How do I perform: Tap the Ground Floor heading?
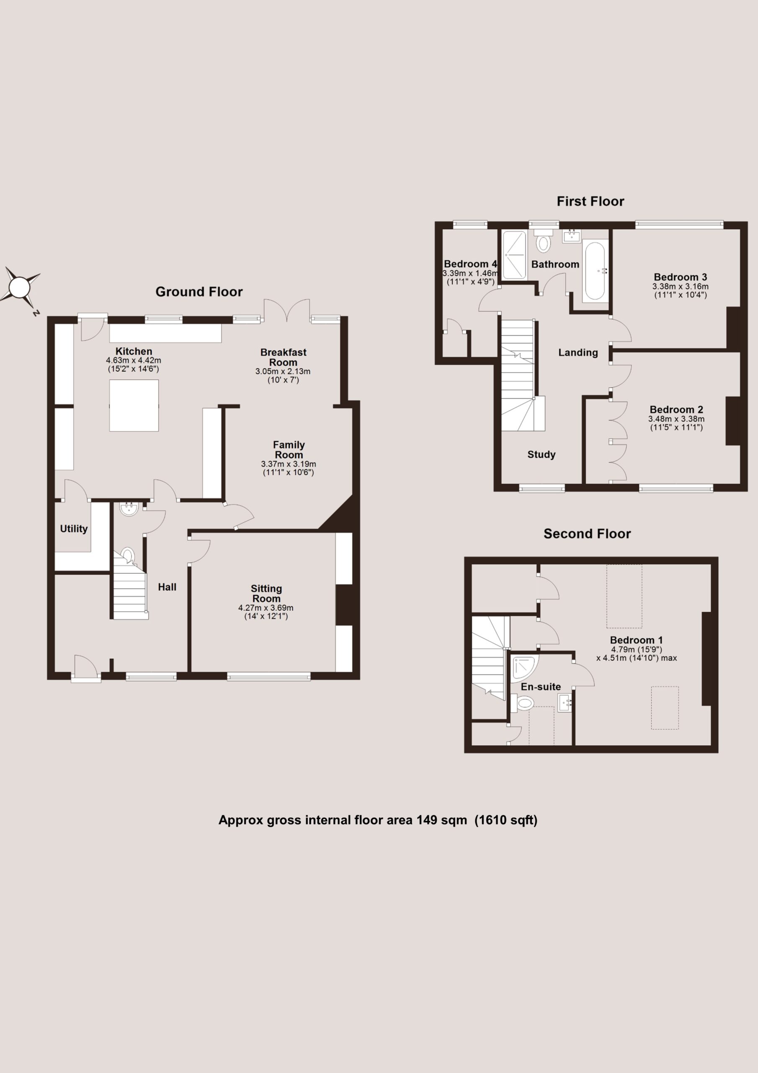pyautogui.click(x=199, y=292)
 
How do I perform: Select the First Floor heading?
pyautogui.click(x=590, y=202)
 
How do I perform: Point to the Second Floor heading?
pyautogui.click(x=587, y=534)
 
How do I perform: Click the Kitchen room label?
pyautogui.click(x=134, y=351)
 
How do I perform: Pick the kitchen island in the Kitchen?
pyautogui.click(x=134, y=405)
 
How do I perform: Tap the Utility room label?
pyautogui.click(x=74, y=529)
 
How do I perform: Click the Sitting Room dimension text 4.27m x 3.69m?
pyautogui.click(x=266, y=608)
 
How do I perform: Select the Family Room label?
pyautogui.click(x=289, y=450)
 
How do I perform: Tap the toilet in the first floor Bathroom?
pyautogui.click(x=543, y=239)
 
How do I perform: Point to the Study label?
pyautogui.click(x=541, y=454)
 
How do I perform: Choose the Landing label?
pyautogui.click(x=578, y=352)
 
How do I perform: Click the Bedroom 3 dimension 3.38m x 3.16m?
pyautogui.click(x=681, y=286)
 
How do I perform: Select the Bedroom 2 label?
pyautogui.click(x=676, y=410)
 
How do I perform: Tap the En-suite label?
pyautogui.click(x=541, y=687)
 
